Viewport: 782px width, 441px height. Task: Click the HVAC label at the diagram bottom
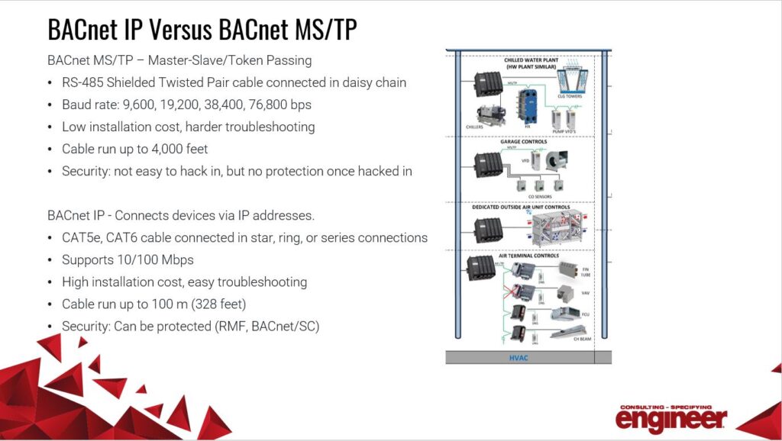[x=519, y=357]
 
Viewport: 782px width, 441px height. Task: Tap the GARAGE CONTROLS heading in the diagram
[x=523, y=141]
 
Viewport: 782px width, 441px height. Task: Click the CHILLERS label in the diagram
[x=476, y=127]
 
